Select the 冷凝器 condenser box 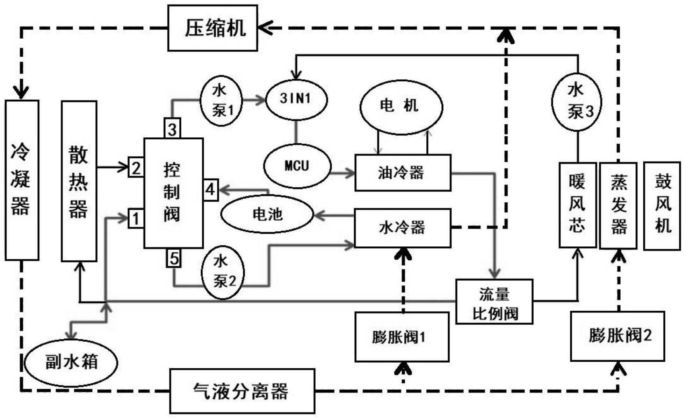click(x=22, y=180)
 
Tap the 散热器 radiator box click(x=79, y=181)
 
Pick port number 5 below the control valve click(x=174, y=259)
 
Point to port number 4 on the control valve click(x=210, y=190)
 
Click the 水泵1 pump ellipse click(x=221, y=101)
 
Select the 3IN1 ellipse click(x=296, y=99)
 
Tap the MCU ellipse click(x=297, y=166)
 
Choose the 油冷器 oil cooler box click(x=403, y=173)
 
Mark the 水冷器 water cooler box click(x=403, y=228)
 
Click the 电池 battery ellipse click(x=267, y=214)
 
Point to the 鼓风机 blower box click(x=662, y=206)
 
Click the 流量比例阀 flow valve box click(x=494, y=302)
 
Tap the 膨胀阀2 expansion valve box click(x=617, y=336)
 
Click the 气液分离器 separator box click(x=242, y=391)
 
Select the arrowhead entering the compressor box click(x=265, y=28)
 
